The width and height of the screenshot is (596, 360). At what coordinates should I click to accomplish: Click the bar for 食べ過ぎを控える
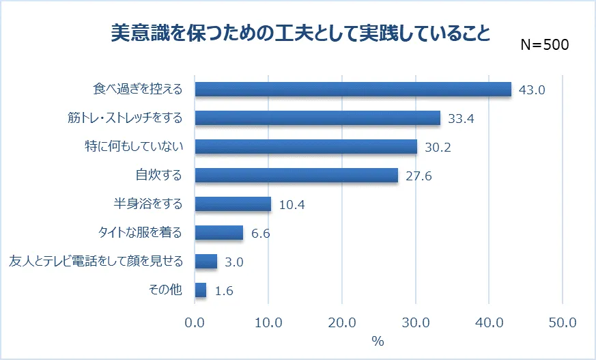click(353, 89)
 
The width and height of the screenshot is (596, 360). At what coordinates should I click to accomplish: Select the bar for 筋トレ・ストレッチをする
click(317, 118)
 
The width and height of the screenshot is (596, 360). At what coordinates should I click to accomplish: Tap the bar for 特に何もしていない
click(306, 147)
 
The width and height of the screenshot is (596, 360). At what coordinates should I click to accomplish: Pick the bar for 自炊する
click(296, 176)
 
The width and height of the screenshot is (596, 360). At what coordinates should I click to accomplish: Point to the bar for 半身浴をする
click(233, 204)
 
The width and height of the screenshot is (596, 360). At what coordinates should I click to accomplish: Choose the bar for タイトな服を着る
click(219, 233)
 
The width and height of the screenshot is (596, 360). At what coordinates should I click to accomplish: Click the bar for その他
click(201, 290)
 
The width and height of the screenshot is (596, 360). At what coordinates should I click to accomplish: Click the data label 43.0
click(532, 90)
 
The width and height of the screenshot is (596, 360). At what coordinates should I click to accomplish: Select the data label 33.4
click(461, 119)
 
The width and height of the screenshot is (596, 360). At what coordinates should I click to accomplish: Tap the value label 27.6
click(418, 176)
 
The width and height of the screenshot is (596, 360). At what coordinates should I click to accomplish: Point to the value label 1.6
click(224, 291)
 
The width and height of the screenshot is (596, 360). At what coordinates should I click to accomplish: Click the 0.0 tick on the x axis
click(195, 322)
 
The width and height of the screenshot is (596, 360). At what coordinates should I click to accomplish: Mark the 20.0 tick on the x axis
click(342, 322)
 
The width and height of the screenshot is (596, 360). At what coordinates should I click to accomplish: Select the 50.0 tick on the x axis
click(563, 322)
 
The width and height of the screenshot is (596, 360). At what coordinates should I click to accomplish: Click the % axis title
click(378, 341)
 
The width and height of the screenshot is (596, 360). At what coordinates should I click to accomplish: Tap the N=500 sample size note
click(544, 45)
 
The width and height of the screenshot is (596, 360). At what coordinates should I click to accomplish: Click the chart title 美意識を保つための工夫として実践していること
click(300, 33)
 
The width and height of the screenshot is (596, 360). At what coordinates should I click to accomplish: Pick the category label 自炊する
click(159, 176)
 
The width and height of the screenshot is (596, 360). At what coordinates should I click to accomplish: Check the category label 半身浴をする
click(147, 204)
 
